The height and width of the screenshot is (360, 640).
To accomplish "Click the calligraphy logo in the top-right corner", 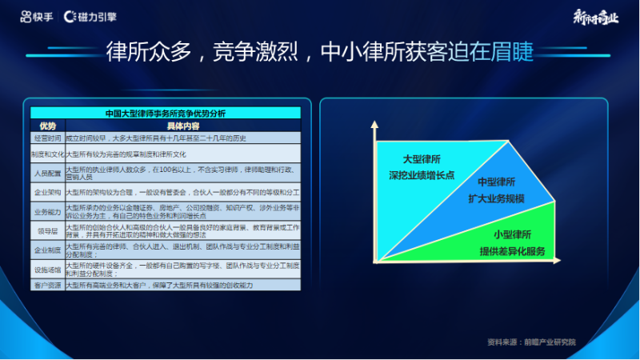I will click(x=596, y=17).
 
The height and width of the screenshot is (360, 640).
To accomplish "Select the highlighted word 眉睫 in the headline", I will click(x=510, y=52).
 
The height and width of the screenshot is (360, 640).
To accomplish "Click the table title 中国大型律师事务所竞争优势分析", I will click(x=166, y=114).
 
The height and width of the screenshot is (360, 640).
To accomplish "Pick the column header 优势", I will click(x=47, y=126).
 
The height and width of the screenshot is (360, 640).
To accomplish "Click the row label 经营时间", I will click(x=47, y=138).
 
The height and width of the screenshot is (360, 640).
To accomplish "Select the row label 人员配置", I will click(x=47, y=172).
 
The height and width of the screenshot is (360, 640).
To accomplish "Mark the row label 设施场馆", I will click(x=47, y=270).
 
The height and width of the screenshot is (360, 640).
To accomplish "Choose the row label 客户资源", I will click(x=47, y=285).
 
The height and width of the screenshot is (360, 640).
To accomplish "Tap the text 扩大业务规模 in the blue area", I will click(x=496, y=198).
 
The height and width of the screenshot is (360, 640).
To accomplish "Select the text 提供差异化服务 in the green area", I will click(x=512, y=251).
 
